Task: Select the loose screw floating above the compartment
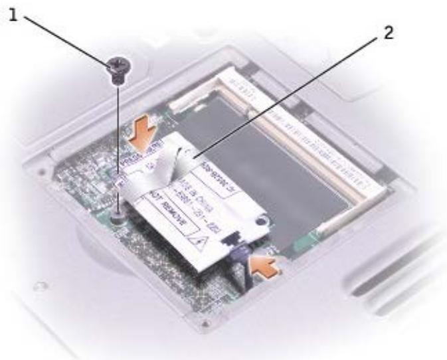pos(118,67)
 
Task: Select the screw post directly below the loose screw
pos(118,215)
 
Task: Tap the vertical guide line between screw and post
pos(118,139)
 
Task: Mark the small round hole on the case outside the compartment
pos(41,287)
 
